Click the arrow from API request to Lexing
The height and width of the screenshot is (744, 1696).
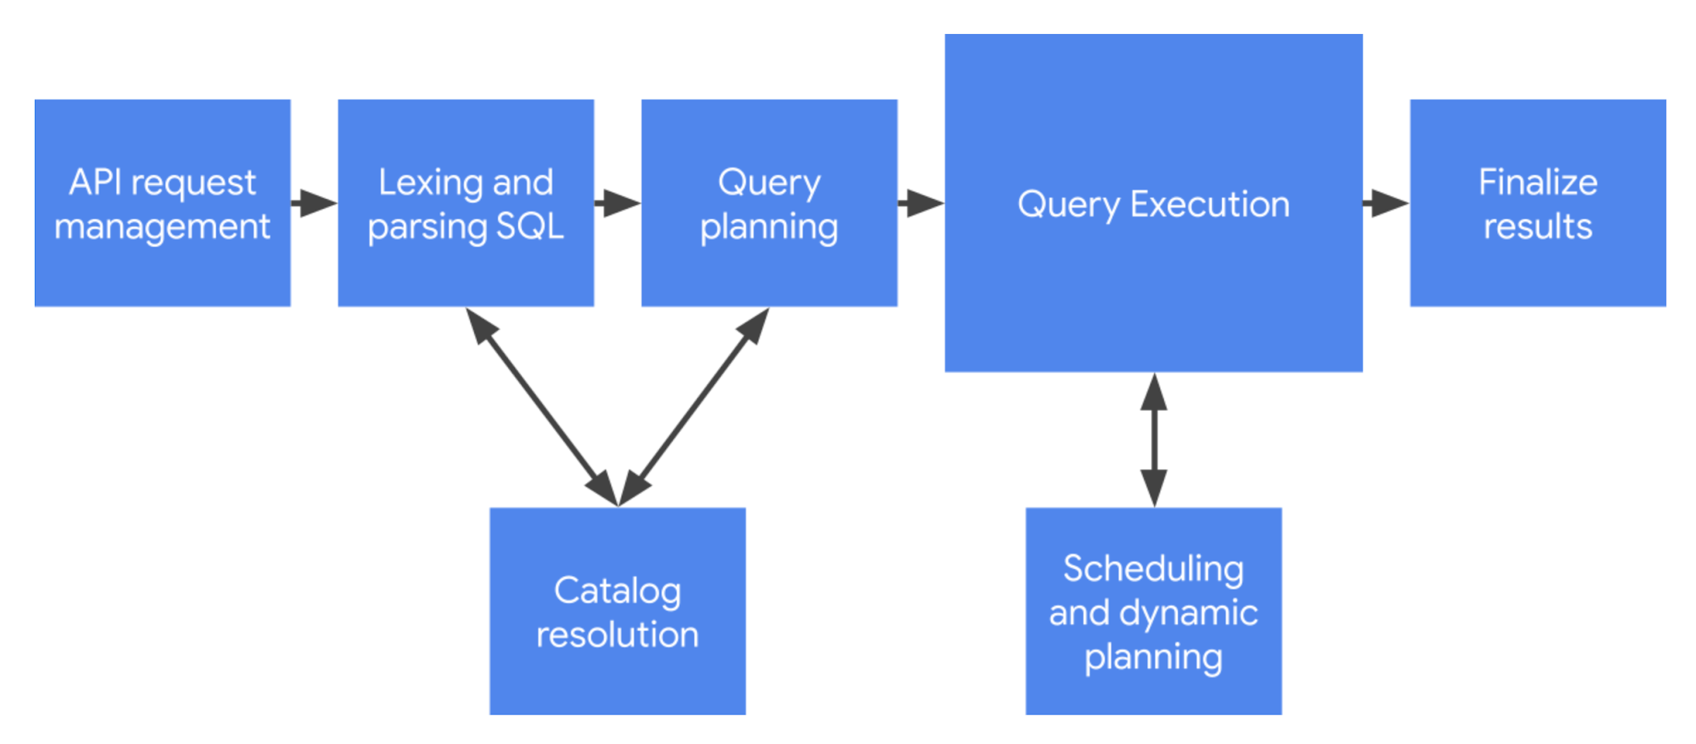pos(314,203)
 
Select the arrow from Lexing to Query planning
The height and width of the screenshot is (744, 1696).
pos(617,203)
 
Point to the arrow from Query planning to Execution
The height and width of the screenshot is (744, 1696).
pos(920,203)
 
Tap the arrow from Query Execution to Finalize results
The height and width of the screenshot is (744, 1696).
pos(1385,203)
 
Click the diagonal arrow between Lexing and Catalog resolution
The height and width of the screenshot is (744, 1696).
pos(542,406)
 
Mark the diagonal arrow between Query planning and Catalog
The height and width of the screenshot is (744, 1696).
pos(694,406)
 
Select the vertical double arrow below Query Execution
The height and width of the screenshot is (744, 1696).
pos(1153,439)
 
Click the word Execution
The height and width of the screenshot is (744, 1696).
pos(1210,204)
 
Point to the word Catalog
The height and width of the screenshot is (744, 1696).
pos(617,591)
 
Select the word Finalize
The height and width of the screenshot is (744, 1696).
pos(1537,183)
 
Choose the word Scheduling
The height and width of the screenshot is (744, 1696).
pos(1153,569)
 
